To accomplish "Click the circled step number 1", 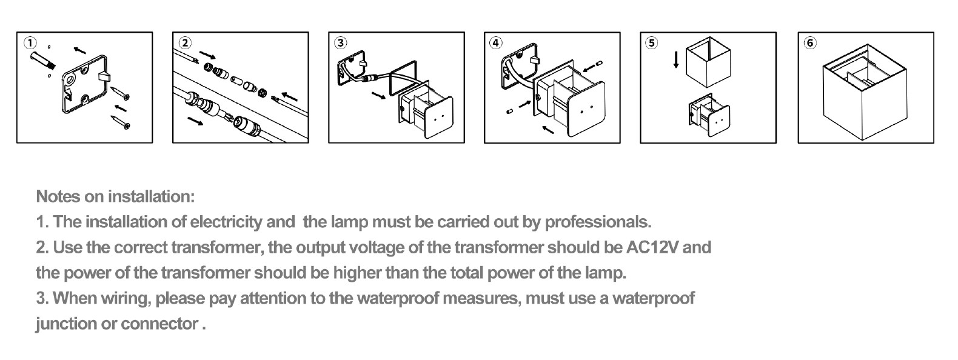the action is [30, 43].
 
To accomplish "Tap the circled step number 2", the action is [185, 43].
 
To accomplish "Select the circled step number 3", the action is [340, 43].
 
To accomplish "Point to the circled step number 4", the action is [496, 43].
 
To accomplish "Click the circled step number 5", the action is [651, 43].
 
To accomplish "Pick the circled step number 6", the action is [810, 43].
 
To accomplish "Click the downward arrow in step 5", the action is [676, 59].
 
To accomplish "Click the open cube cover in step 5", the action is [708, 62].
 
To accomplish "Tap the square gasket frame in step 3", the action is [403, 79].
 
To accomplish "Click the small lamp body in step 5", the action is [709, 115].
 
